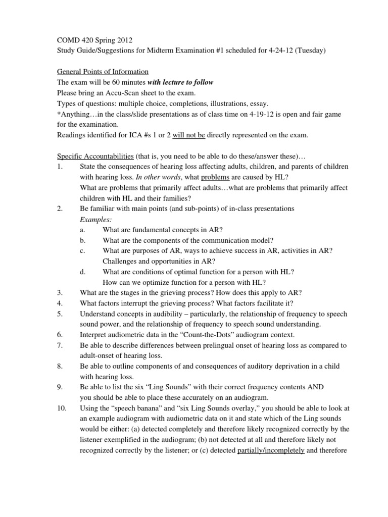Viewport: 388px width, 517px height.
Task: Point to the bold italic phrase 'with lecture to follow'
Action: pos(181,82)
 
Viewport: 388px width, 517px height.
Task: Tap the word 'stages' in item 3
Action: pos(132,292)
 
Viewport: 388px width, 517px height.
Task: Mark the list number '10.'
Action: pos(62,408)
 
